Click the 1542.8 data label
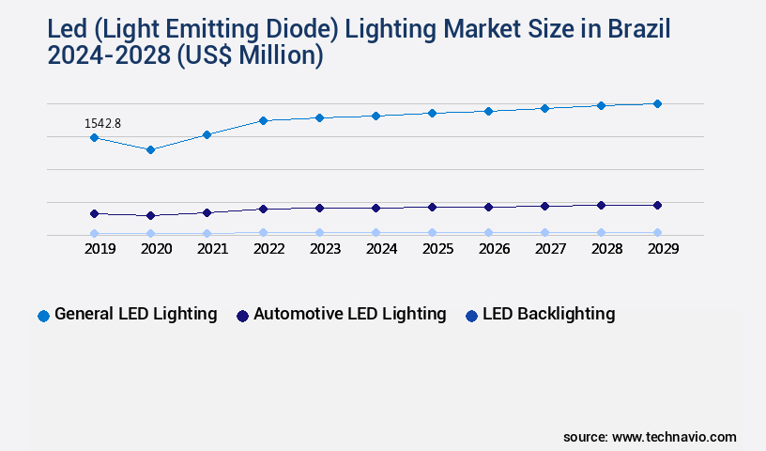click(102, 123)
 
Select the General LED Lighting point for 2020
click(150, 149)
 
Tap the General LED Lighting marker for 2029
click(657, 103)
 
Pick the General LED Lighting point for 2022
click(263, 120)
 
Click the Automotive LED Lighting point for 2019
click(94, 213)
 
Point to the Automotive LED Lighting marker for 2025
click(432, 207)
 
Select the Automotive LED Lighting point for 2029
click(657, 205)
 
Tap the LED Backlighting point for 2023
click(319, 232)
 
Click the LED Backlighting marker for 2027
click(544, 232)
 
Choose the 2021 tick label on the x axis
click(212, 249)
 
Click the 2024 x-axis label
click(381, 249)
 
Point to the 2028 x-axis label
click(606, 249)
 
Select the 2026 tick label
click(494, 249)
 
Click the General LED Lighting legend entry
click(135, 314)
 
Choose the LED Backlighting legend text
click(548, 314)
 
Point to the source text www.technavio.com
click(674, 437)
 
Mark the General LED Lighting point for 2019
click(94, 137)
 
